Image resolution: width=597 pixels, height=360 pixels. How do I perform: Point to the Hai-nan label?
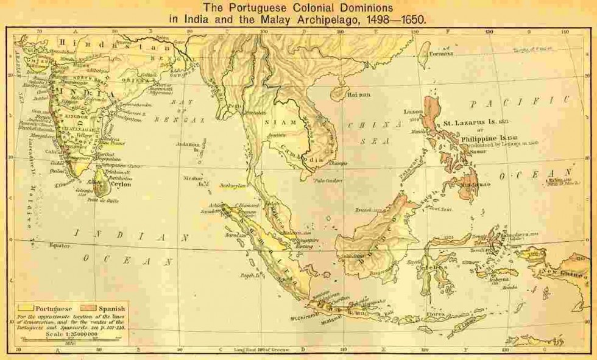point(358,95)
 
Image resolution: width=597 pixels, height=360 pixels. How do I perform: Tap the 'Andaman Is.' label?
point(191,147)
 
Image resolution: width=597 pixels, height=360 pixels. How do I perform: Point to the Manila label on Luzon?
point(416,130)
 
